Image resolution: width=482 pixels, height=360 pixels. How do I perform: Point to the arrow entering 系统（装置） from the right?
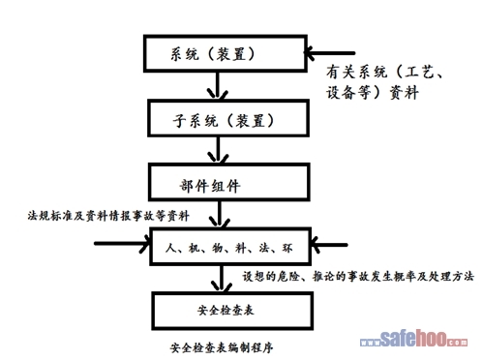329,53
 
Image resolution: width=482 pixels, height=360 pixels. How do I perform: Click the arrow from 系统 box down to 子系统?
218,85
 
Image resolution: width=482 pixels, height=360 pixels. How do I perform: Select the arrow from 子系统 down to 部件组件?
219,150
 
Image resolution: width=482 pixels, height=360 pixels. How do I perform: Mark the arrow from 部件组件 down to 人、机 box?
220,214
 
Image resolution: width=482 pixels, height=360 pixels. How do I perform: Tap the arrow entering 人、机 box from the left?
123,244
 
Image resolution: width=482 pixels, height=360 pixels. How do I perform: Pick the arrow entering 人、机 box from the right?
329,245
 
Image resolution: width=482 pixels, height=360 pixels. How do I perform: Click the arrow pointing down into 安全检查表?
222,279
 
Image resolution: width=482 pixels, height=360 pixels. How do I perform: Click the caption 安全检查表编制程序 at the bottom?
222,347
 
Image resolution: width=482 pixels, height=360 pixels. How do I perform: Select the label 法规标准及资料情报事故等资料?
108,216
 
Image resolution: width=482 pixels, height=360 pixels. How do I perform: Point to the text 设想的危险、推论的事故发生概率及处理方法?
358,277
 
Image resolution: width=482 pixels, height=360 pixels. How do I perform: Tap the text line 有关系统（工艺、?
384,72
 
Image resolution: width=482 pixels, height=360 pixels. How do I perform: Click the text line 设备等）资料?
372,93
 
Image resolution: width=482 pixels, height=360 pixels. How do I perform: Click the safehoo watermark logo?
413,339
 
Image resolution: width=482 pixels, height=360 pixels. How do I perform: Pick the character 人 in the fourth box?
170,248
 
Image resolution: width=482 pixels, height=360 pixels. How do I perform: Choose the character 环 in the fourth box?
287,248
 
